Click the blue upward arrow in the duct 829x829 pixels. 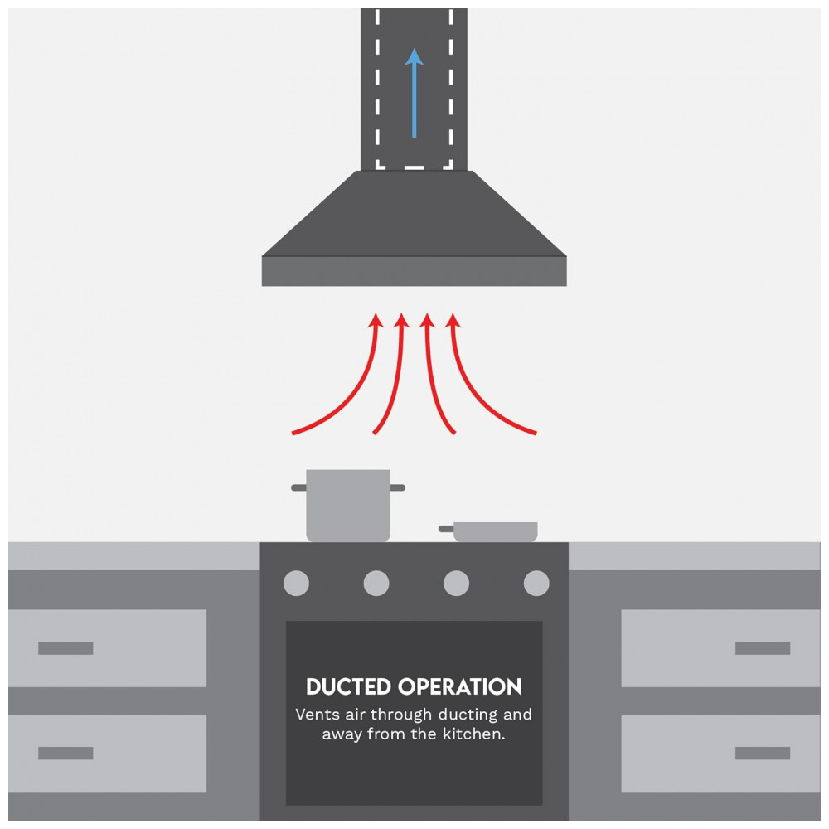click(414, 93)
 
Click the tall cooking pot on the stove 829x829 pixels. click(348, 505)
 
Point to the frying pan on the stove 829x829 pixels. click(488, 531)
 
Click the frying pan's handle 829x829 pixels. click(446, 529)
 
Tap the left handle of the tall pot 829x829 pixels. click(298, 487)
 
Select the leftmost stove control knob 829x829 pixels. click(296, 583)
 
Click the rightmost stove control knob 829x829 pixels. click(536, 583)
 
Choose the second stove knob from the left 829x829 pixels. click(376, 583)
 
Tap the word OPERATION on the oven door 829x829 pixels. click(460, 686)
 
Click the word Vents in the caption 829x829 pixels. click(318, 715)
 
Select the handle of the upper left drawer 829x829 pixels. click(65, 648)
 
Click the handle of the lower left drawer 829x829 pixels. click(65, 753)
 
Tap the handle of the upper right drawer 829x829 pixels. click(763, 648)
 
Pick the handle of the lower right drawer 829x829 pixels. click(763, 753)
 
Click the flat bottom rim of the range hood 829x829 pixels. click(414, 271)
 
